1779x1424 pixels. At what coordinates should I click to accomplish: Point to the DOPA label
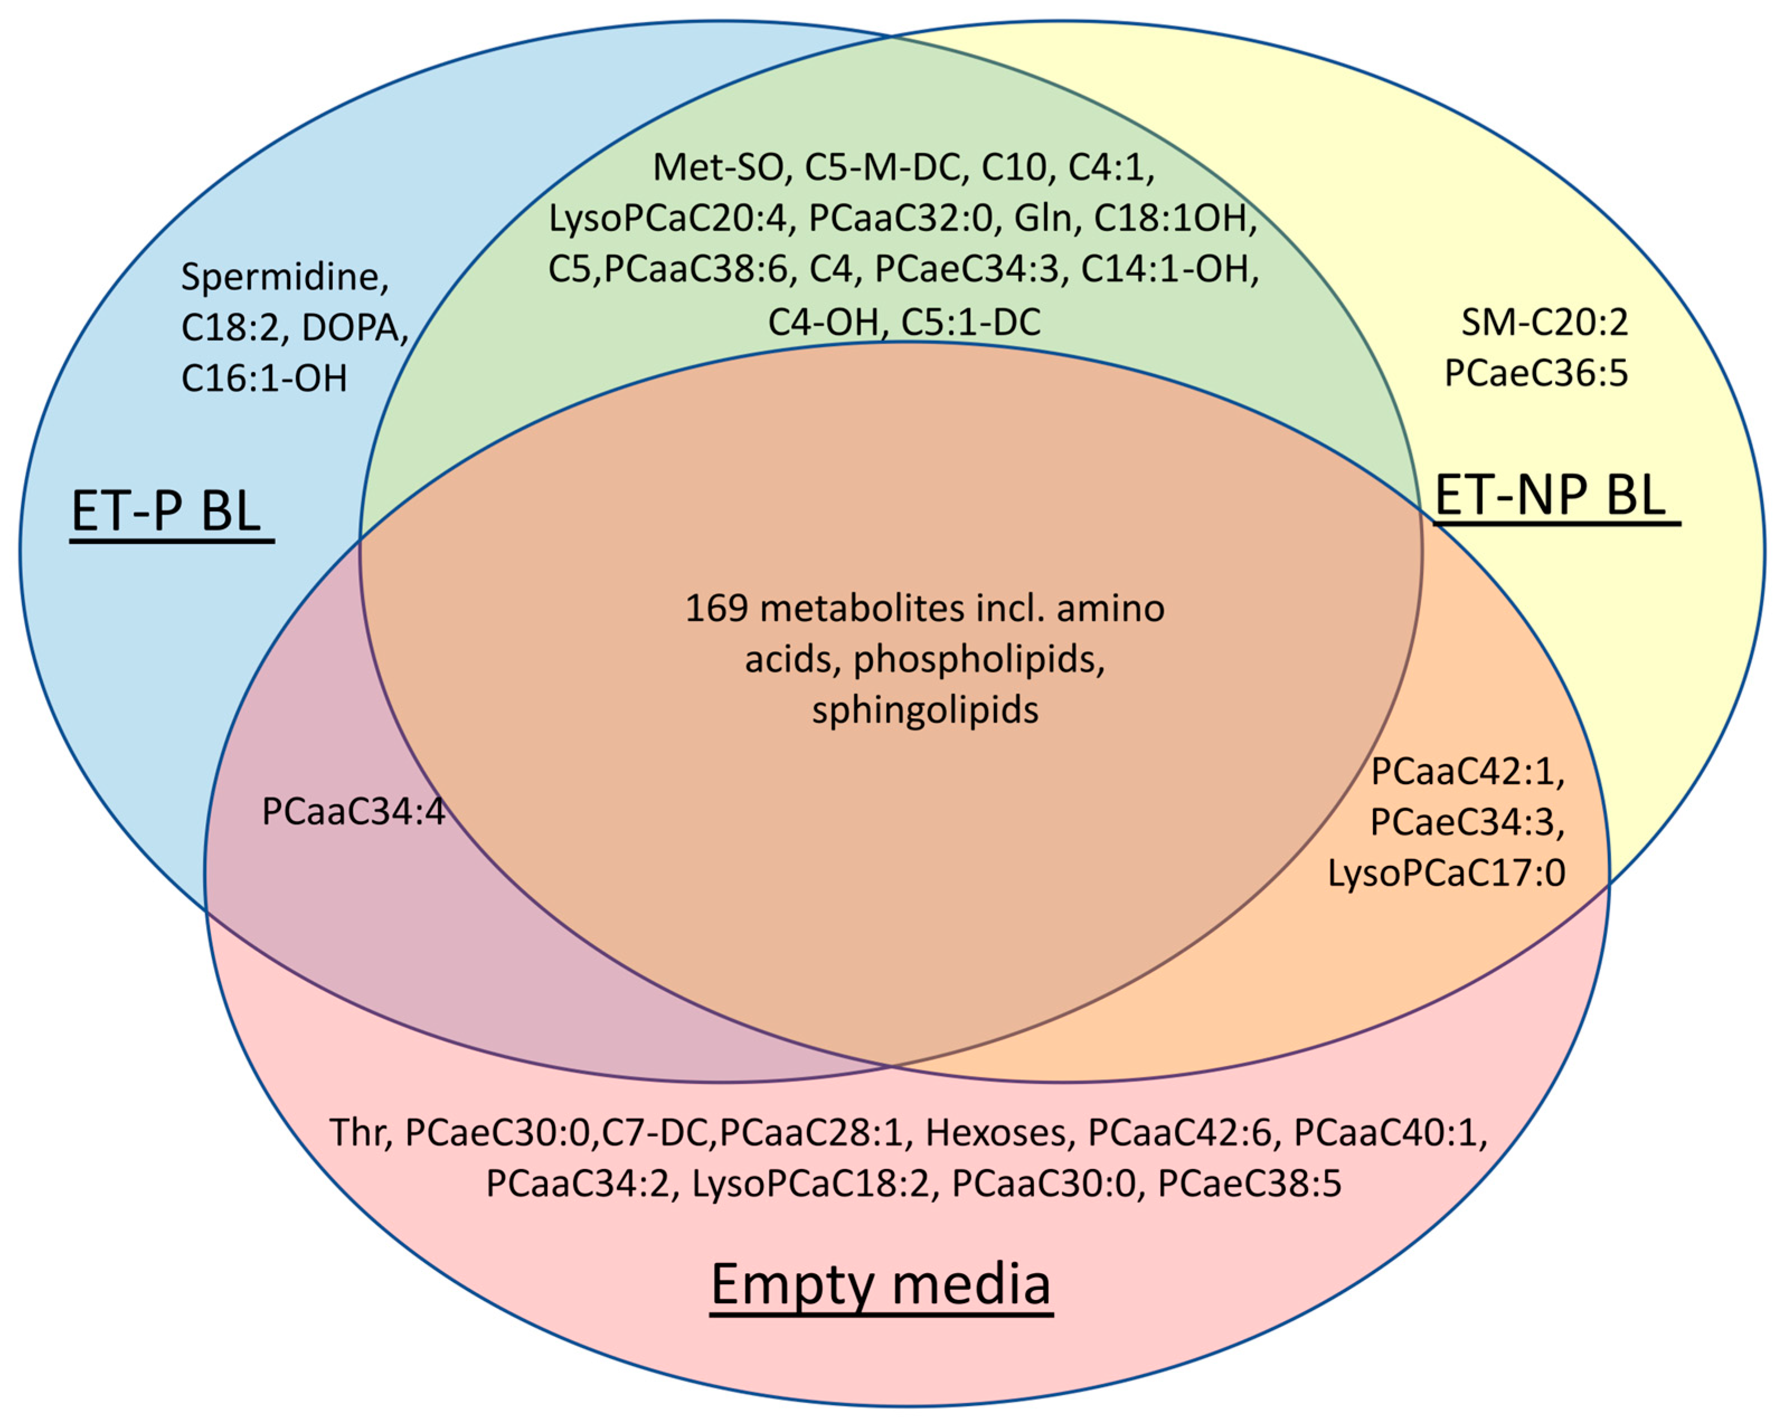(355, 329)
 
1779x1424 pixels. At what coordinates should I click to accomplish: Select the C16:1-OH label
(264, 379)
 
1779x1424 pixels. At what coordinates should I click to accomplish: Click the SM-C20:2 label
(1545, 322)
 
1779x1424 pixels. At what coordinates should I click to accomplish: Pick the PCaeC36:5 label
(1536, 373)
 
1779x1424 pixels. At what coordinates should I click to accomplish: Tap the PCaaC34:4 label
(353, 812)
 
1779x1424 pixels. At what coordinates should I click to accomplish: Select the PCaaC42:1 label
(1467, 772)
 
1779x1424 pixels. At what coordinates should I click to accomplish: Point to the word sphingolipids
(925, 710)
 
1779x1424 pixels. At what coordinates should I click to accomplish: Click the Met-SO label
(718, 168)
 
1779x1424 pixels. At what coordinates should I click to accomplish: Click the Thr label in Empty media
(359, 1133)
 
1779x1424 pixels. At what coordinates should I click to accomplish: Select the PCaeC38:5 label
(1249, 1184)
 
